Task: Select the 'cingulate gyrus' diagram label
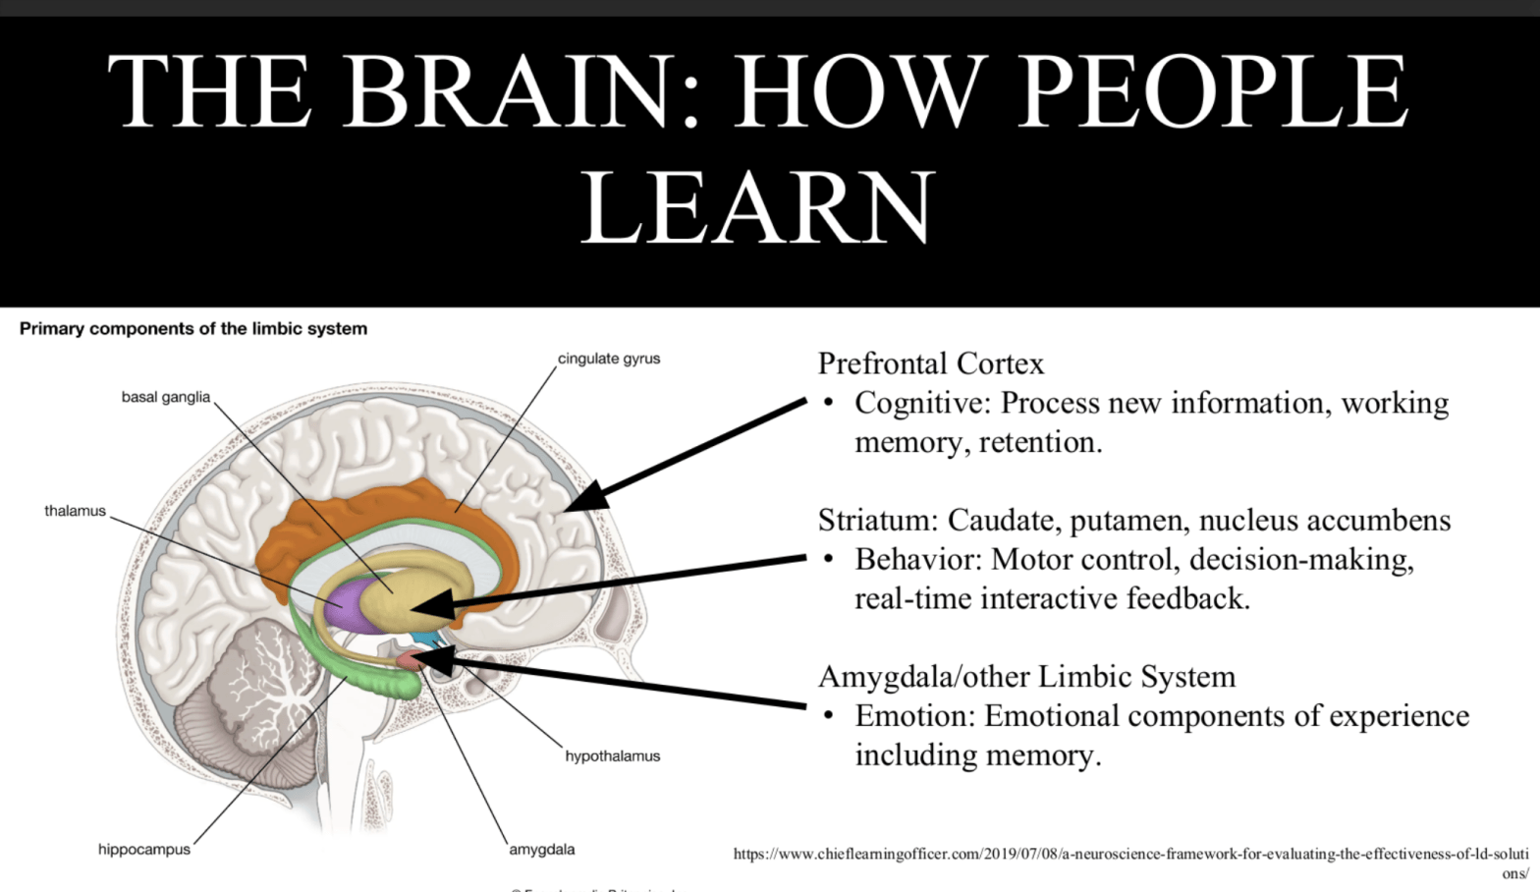(x=609, y=359)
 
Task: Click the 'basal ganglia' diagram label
(x=166, y=397)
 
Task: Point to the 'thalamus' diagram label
(x=75, y=511)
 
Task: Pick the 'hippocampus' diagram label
(x=144, y=849)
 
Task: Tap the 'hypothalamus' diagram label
(x=612, y=755)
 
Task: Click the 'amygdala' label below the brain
(x=542, y=849)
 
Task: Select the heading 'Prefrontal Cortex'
(x=930, y=363)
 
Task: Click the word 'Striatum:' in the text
(x=878, y=520)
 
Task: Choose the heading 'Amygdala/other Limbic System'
(x=1026, y=676)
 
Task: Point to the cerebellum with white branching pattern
(x=265, y=688)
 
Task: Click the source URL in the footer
(x=1129, y=854)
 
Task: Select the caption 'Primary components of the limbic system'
(x=193, y=328)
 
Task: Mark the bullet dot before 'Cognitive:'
(x=829, y=403)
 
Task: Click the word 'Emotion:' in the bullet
(x=914, y=716)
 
